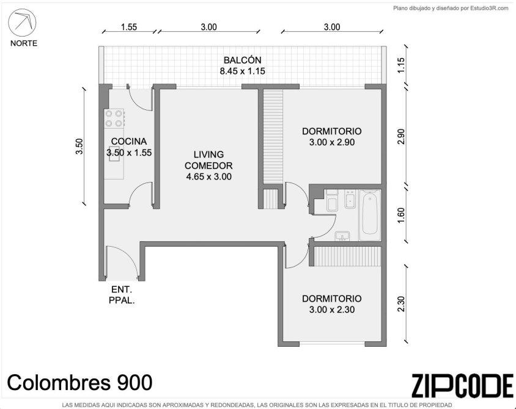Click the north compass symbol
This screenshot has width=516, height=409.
tap(22, 22)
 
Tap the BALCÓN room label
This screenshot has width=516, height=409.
tap(243, 60)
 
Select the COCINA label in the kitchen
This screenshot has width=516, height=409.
tap(128, 141)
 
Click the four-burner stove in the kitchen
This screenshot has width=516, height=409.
tap(114, 118)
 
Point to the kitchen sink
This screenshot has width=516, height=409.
tap(114, 156)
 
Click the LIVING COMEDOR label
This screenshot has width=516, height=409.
tap(208, 160)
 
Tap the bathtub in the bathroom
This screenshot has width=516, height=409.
tap(369, 215)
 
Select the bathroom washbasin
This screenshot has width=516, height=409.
tap(342, 236)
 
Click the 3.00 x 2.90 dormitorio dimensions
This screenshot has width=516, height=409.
tap(332, 142)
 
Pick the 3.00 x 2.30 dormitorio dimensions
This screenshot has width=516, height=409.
tap(332, 309)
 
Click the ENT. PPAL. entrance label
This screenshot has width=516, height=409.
tap(122, 295)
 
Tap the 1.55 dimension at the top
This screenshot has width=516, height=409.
tap(128, 27)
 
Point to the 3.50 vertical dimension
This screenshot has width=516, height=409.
tap(79, 146)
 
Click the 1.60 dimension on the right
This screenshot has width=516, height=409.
tap(400, 215)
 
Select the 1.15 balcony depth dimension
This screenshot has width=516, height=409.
tap(400, 65)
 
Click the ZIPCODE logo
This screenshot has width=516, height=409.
tap(462, 386)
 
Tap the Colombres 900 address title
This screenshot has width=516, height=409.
tap(79, 382)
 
